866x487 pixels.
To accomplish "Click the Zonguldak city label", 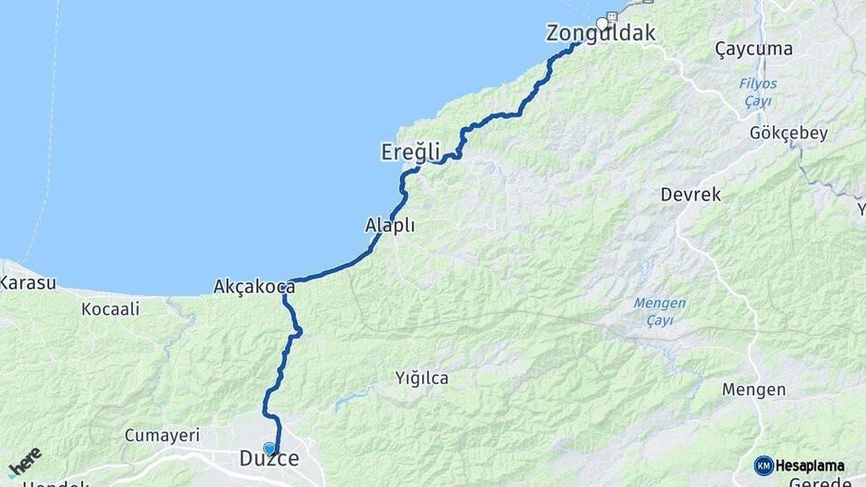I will [601, 34].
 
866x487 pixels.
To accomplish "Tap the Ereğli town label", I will [410, 152].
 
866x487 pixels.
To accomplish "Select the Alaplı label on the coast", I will [390, 225].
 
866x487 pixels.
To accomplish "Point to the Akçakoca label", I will [254, 287].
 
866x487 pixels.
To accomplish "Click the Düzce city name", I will [269, 459].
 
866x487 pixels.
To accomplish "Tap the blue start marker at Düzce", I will [269, 448].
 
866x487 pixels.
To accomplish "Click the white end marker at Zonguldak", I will [602, 23].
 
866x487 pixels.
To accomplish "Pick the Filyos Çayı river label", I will [758, 92].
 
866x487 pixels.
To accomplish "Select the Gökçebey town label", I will [788, 133].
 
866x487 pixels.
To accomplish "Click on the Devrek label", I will [691, 194].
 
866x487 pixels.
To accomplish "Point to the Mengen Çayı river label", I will [659, 311].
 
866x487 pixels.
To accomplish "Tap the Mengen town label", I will [754, 390].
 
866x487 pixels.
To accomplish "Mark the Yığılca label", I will [421, 378].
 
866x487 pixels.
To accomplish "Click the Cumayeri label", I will [161, 436].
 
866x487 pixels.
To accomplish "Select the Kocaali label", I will [110, 309].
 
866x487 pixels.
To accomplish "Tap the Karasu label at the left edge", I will [27, 282].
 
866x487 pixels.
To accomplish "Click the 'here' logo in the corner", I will [24, 462].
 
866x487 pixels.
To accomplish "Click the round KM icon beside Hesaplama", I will [764, 465].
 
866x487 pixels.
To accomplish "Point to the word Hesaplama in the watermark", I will [810, 465].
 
